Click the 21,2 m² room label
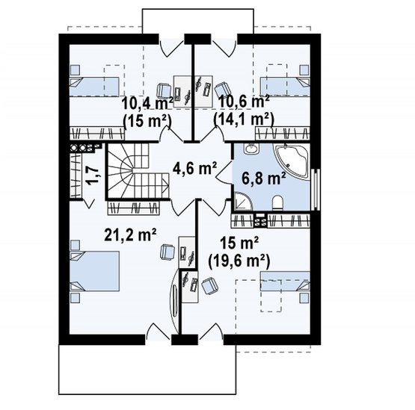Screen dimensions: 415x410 pos(130,234)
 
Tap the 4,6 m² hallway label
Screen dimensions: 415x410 pos(194,168)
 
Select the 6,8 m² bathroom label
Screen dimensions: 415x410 pos(264,178)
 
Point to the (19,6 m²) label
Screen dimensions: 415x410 pos(239,261)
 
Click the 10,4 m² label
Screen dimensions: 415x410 pos(147,103)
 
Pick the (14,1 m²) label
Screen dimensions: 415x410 pos(244,119)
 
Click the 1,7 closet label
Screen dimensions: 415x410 pos(93,175)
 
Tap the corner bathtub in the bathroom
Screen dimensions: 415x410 pos(292,161)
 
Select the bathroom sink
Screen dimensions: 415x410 pos(250,149)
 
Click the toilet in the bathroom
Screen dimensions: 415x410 pos(277,202)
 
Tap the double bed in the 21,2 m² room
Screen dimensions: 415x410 pos(94,271)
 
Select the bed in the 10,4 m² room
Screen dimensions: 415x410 pos(94,87)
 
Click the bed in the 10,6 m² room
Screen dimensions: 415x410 pos(285,86)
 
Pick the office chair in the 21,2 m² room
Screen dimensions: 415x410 pos(167,252)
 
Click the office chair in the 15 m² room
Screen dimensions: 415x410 pos(210,286)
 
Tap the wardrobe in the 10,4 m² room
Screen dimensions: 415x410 pos(97,133)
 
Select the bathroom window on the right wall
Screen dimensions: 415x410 pos(316,190)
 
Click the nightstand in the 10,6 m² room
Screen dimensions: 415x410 pos(304,70)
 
